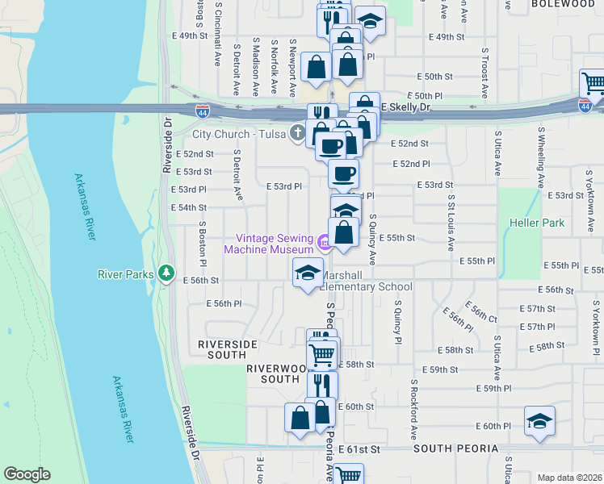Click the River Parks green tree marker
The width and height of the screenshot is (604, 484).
(x=167, y=274)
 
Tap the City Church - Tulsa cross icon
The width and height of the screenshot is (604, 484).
(x=298, y=133)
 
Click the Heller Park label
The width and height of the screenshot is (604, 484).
(x=536, y=223)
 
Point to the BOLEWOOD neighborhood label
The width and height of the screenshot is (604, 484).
(x=564, y=4)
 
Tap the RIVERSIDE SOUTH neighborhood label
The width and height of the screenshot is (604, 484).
(x=228, y=349)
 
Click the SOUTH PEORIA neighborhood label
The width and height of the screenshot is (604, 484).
(x=447, y=448)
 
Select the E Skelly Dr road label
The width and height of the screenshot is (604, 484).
(x=406, y=106)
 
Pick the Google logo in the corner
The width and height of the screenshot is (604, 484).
(x=27, y=474)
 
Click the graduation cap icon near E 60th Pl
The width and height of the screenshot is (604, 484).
(x=539, y=421)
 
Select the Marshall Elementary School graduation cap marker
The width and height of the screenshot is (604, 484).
(x=308, y=273)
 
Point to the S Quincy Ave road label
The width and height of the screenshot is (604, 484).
(x=374, y=239)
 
